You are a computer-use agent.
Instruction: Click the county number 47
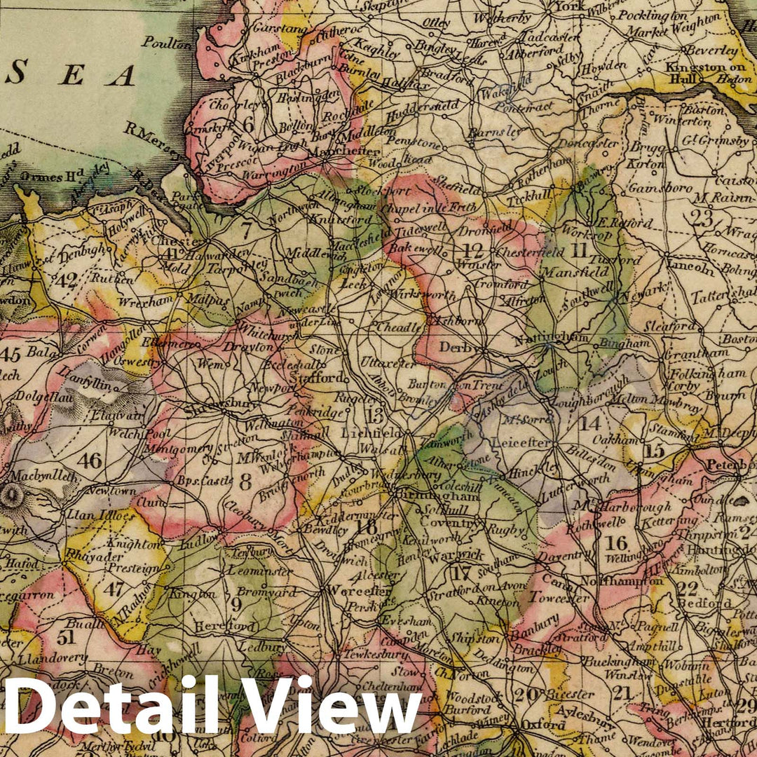114,588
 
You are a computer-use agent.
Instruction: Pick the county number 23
701,217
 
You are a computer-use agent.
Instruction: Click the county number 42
67,281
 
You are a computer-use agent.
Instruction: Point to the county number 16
616,543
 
